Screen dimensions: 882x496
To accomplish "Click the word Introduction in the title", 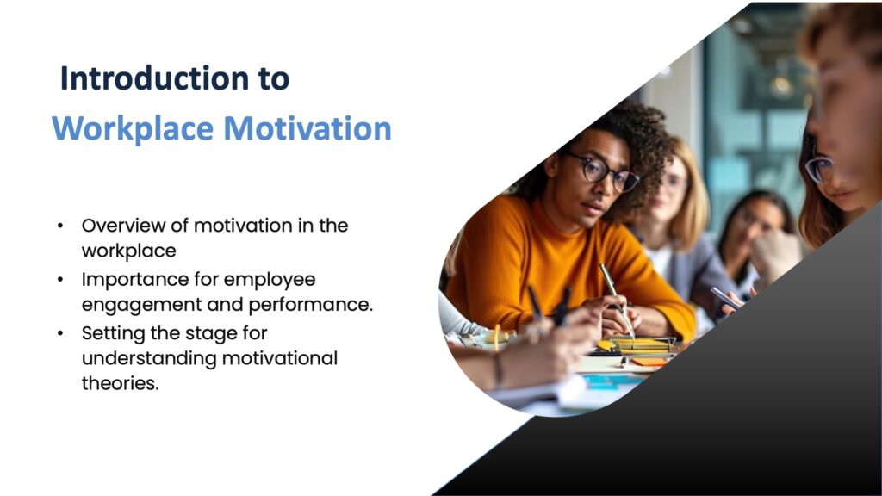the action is tap(154, 77).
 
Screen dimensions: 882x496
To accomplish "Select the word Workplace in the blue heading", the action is tap(133, 128).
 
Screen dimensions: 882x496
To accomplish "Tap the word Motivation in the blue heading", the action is tap(307, 128).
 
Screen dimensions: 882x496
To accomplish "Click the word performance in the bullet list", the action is tap(310, 306).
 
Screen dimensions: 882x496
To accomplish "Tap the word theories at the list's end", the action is tap(121, 383).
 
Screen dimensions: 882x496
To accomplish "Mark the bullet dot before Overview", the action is tap(60, 226).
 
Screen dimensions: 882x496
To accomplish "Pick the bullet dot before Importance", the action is tap(60, 280).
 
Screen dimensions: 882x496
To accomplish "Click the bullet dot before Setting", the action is tap(60, 333).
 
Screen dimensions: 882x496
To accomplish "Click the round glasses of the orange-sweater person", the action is tap(601, 171).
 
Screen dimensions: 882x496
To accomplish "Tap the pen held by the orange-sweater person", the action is tap(617, 301).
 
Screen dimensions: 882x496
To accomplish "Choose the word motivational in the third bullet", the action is tap(280, 358).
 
